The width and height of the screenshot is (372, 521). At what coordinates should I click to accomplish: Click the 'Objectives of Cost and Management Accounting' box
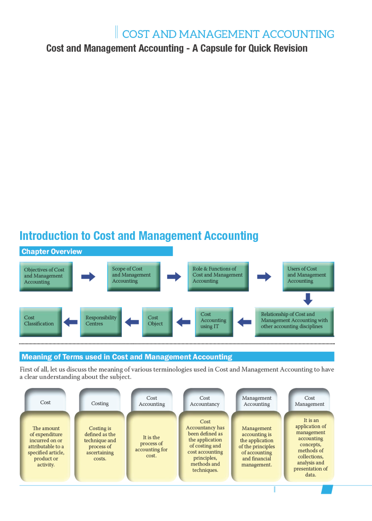pyautogui.click(x=46, y=276)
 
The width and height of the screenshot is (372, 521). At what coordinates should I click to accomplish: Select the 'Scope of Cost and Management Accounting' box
pyautogui.click(x=134, y=276)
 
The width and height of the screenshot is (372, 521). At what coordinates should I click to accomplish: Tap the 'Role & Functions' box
pyautogui.click(x=218, y=276)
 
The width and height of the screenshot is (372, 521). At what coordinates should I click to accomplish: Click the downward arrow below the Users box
pyautogui.click(x=308, y=299)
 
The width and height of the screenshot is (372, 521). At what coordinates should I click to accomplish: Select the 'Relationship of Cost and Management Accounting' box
pyautogui.click(x=295, y=321)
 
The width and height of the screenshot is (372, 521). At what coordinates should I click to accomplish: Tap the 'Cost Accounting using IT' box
pyautogui.click(x=214, y=321)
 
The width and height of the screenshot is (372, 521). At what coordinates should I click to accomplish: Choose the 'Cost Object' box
pyautogui.click(x=157, y=321)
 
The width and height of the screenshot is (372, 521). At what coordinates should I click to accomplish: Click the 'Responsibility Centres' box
pyautogui.click(x=101, y=321)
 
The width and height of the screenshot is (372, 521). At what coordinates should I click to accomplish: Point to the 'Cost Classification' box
pyautogui.click(x=41, y=321)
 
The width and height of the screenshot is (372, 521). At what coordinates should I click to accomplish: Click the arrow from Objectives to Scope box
pyautogui.click(x=88, y=277)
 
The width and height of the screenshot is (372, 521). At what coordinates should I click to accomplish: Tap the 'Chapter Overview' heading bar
pyautogui.click(x=96, y=252)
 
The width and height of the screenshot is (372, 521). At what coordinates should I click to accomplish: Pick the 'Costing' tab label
pyautogui.click(x=100, y=403)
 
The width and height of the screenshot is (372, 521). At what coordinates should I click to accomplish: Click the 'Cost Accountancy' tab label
pyautogui.click(x=205, y=401)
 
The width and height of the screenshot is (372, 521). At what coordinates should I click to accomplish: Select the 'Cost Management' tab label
pyautogui.click(x=309, y=401)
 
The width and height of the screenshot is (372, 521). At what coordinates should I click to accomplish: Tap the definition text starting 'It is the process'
pyautogui.click(x=151, y=446)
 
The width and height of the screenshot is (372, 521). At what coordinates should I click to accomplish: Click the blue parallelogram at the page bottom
pyautogui.click(x=327, y=489)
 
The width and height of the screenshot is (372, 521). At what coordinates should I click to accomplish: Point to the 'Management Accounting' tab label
pyautogui.click(x=257, y=401)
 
